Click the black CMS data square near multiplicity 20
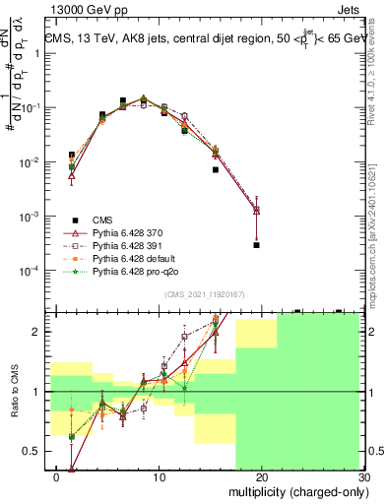(x=256, y=245)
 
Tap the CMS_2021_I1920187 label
(x=203, y=294)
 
